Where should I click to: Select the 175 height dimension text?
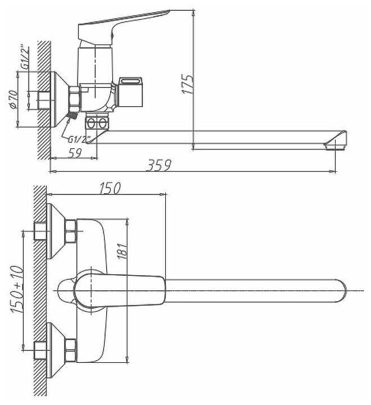(188, 84)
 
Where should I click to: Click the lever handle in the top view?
(121, 288)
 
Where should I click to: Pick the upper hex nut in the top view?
(71, 231)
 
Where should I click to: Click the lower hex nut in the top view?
(71, 349)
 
